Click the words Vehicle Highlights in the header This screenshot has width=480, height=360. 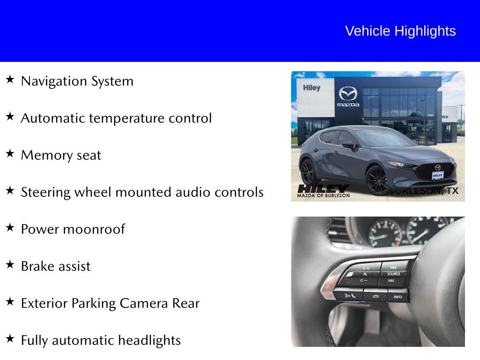point(400,31)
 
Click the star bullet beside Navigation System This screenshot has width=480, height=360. point(10,79)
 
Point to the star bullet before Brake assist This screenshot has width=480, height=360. point(10,264)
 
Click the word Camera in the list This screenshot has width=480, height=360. point(144,303)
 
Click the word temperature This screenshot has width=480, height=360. point(125,118)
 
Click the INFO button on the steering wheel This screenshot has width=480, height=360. point(397,296)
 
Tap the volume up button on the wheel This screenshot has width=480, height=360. point(366,268)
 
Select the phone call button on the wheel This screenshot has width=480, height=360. point(349,295)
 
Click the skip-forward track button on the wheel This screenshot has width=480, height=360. point(393,267)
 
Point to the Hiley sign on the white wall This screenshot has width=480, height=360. point(311,88)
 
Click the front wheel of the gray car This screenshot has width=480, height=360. point(377,180)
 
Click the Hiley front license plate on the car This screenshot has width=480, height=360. point(437,175)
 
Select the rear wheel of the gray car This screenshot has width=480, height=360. point(308,171)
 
